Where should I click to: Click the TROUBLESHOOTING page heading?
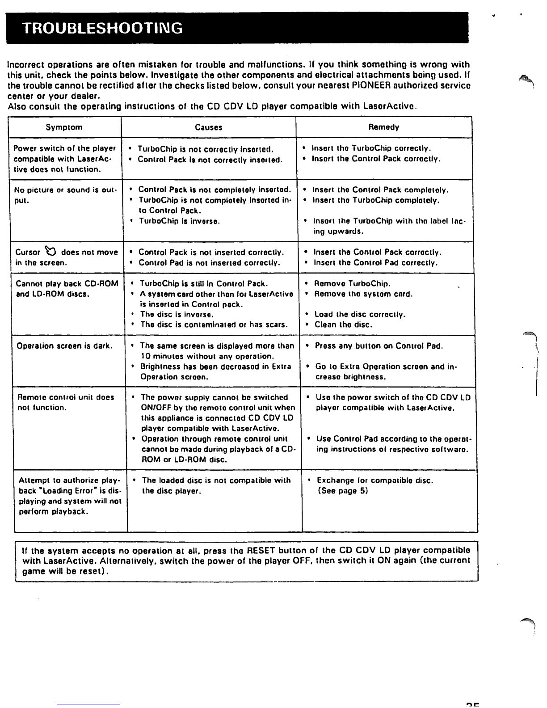[102, 28]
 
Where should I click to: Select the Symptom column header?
[64, 127]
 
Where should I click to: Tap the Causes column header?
[208, 127]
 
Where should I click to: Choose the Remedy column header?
[383, 127]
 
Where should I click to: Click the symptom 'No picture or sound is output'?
[64, 195]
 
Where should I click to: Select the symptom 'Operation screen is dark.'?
[64, 346]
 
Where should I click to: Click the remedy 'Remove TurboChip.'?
[352, 284]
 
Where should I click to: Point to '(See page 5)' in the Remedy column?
[343, 491]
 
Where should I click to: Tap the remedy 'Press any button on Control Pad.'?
[379, 346]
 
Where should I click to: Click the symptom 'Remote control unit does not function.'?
[65, 402]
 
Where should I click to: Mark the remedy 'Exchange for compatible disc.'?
[375, 480]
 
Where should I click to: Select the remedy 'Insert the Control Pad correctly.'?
[375, 263]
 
